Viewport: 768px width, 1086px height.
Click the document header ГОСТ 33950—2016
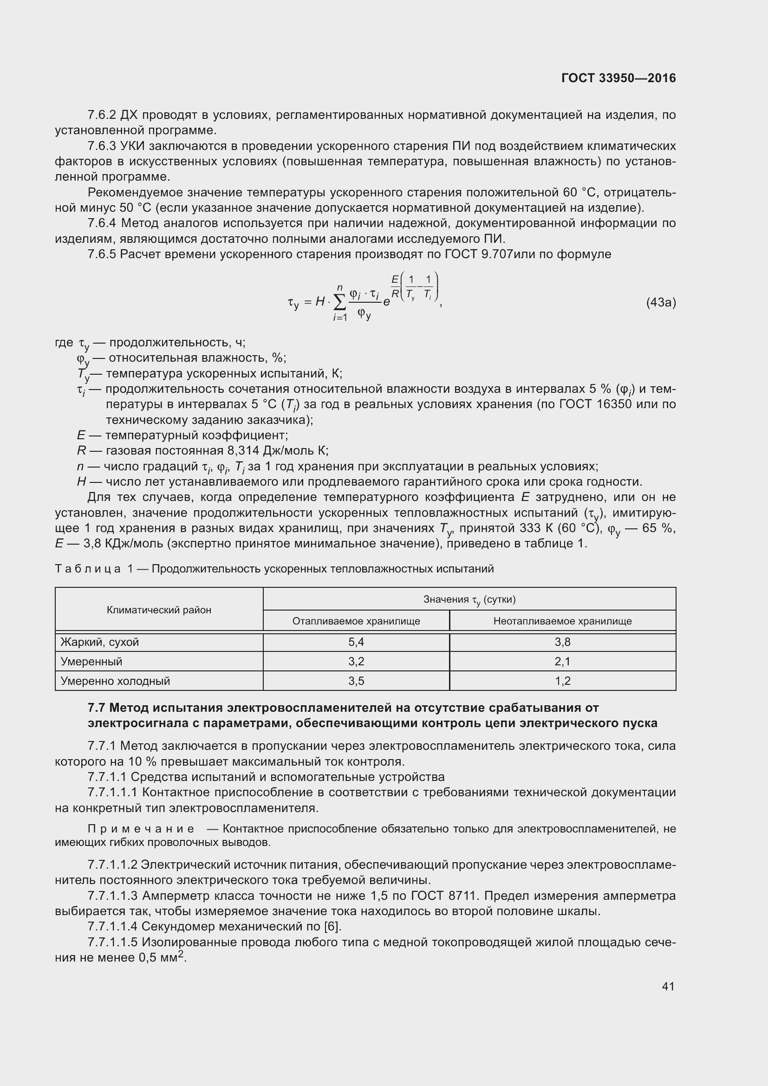(x=618, y=78)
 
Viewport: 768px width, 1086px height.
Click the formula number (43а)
(x=661, y=303)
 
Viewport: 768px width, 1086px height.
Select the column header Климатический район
(x=159, y=610)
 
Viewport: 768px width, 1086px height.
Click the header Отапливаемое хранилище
(x=356, y=621)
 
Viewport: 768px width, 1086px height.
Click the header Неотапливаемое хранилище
(x=562, y=621)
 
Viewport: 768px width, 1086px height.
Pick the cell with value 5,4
(x=356, y=642)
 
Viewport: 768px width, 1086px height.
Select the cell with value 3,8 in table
(x=562, y=642)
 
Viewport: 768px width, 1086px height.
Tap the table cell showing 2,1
(x=562, y=661)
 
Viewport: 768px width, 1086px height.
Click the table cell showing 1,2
(x=562, y=681)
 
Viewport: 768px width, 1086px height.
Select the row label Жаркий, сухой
(x=100, y=642)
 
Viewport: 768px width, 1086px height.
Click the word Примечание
(x=141, y=828)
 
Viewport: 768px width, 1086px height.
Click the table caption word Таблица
(x=88, y=569)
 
